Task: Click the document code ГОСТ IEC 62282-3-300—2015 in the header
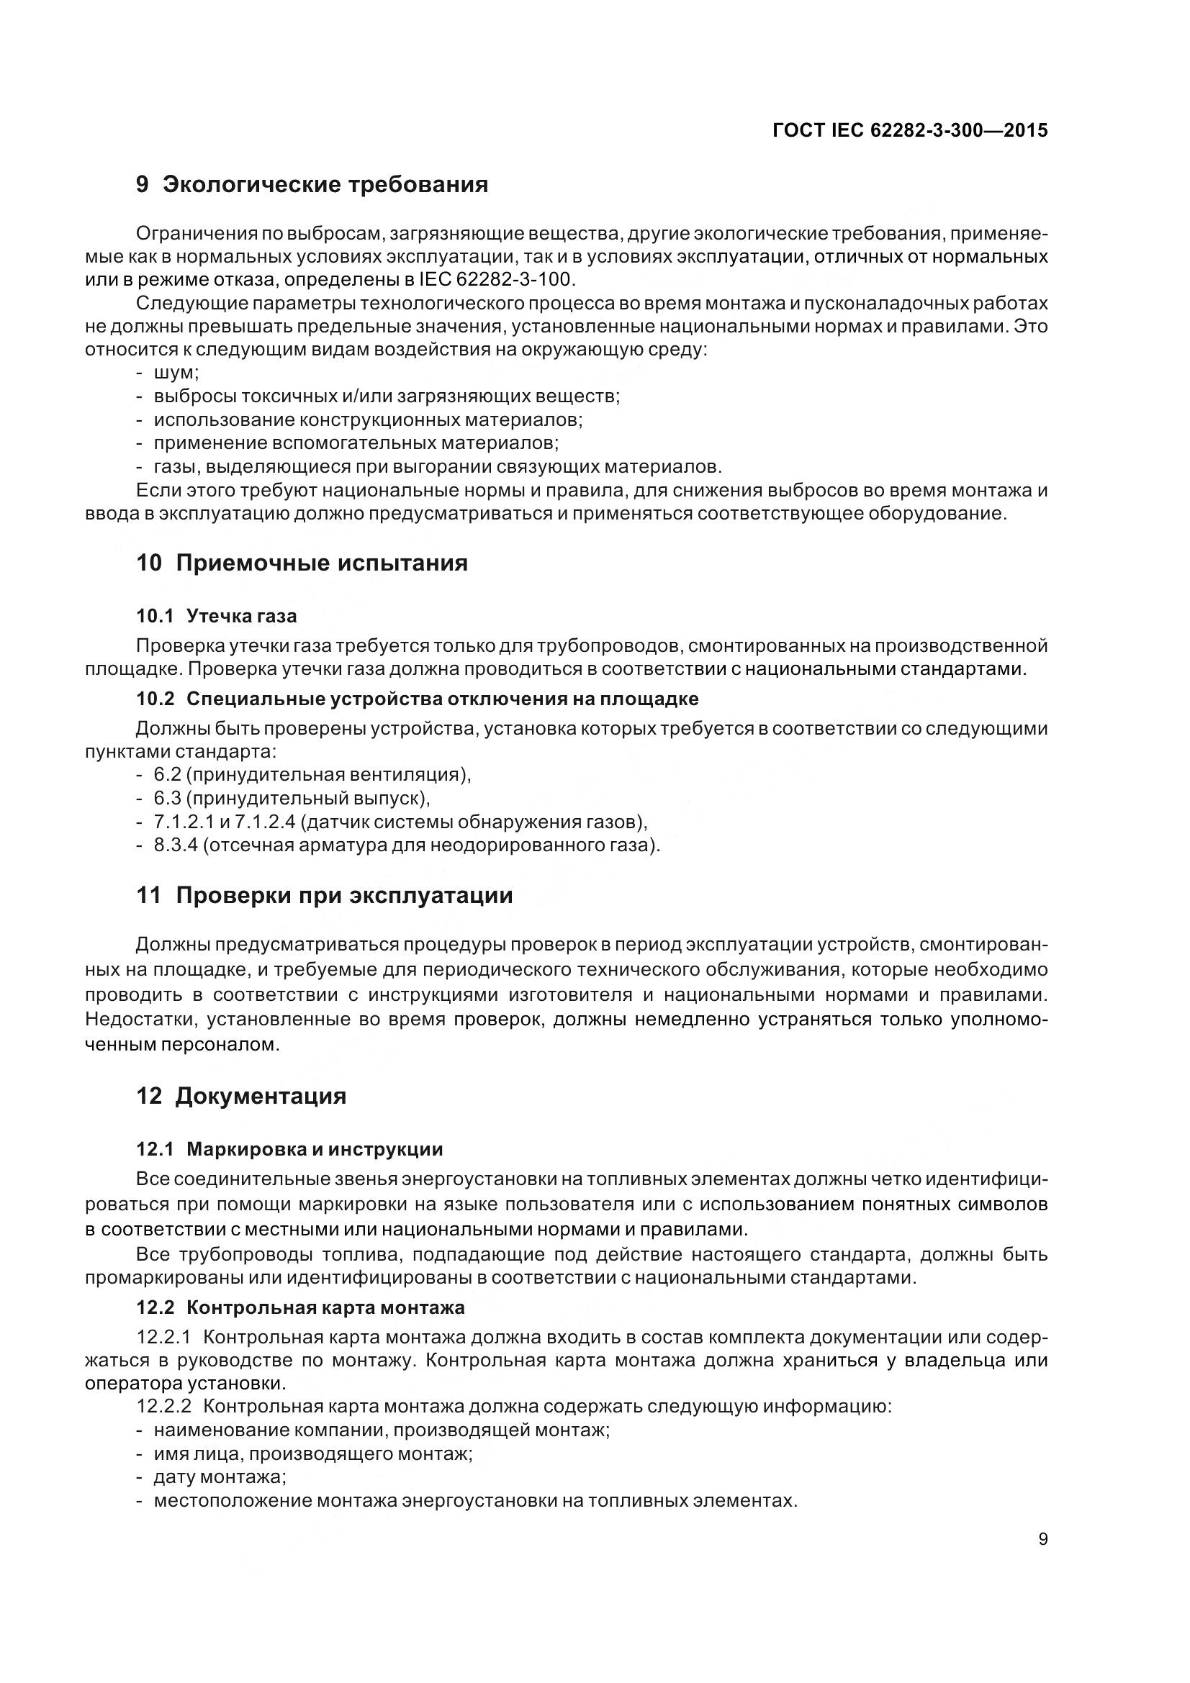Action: (910, 130)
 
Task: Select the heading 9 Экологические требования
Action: (312, 184)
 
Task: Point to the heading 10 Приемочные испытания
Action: (302, 563)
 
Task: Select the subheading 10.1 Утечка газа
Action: (216, 616)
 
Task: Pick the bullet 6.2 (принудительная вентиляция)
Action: (312, 775)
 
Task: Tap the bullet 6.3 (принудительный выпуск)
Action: (291, 798)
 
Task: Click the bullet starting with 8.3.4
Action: (406, 845)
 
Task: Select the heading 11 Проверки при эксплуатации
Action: (324, 896)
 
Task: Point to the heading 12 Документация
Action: (241, 1097)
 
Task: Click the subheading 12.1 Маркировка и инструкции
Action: (289, 1149)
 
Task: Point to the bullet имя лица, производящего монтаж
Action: (312, 1453)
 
